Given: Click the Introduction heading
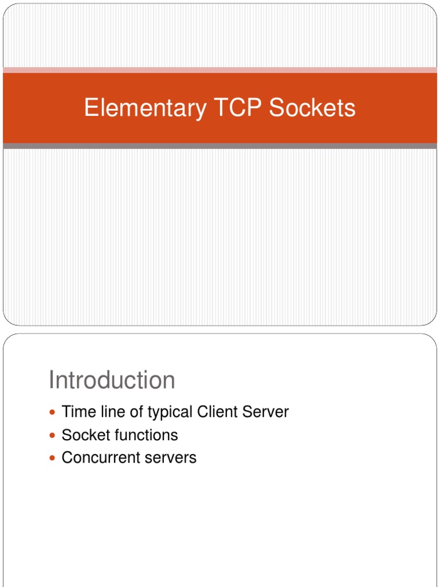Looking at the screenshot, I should click(x=112, y=380).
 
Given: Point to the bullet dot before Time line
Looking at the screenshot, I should click(x=53, y=412).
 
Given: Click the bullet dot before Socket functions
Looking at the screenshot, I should click(x=53, y=436).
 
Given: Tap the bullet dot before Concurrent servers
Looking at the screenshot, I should click(x=53, y=458).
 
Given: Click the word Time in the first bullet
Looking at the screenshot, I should click(x=76, y=412).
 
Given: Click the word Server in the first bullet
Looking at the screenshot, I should click(x=268, y=412).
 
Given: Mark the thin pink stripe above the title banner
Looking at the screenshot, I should click(x=220, y=70).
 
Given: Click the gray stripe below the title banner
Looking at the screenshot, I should click(x=220, y=146).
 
